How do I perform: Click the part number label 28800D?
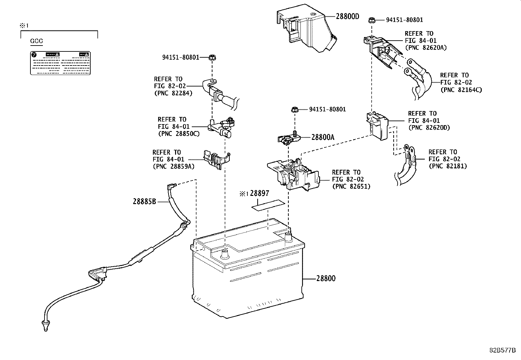pos(347,16)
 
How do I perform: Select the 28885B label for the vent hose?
pos(144,201)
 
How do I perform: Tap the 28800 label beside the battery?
pos(326,279)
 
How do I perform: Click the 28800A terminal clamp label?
pos(323,138)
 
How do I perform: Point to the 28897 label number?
pos(260,194)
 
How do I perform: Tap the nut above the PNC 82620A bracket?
pos(371,20)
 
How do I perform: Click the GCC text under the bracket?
pos(36,41)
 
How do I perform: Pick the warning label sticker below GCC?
pos(60,63)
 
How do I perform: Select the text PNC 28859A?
pos(173,166)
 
